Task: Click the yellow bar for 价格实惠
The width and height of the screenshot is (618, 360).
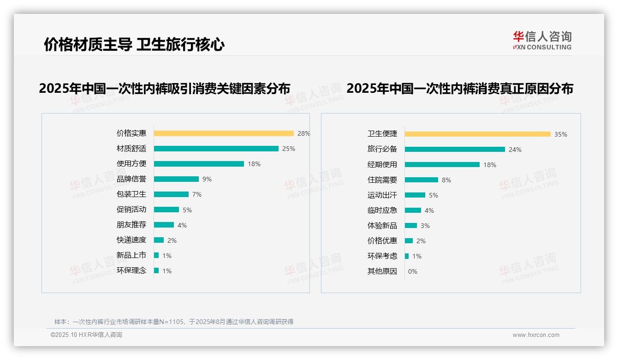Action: coord(224,133)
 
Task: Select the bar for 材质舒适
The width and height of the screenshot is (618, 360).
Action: coord(216,149)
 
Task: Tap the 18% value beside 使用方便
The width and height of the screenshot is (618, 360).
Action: coord(254,164)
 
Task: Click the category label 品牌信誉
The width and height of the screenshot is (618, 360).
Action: coord(131,179)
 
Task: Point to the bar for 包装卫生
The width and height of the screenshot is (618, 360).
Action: coord(171,194)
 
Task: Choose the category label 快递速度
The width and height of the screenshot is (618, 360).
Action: coord(131,240)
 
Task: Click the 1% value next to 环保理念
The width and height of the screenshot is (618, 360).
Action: coord(166,271)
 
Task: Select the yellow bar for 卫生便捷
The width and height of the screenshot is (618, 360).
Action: coord(477,134)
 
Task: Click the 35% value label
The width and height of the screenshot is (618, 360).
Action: coord(561,134)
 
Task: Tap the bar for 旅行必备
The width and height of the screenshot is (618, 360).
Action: coord(455,150)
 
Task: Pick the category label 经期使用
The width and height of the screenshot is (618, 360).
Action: coord(382,165)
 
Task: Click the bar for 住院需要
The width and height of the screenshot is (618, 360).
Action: coord(422,180)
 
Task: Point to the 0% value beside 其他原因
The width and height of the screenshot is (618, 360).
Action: coord(413,271)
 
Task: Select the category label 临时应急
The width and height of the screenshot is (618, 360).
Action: coord(382,210)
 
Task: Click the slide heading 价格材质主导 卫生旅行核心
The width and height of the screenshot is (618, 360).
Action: coord(134,45)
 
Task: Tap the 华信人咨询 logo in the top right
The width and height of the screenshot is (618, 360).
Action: coord(542,41)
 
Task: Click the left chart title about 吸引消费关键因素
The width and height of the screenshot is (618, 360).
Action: coord(165,88)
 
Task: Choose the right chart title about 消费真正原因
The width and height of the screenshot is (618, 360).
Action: coord(460,88)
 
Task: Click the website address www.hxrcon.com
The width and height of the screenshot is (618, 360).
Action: coord(536,335)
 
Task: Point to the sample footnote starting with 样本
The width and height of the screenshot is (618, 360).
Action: coord(174,322)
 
